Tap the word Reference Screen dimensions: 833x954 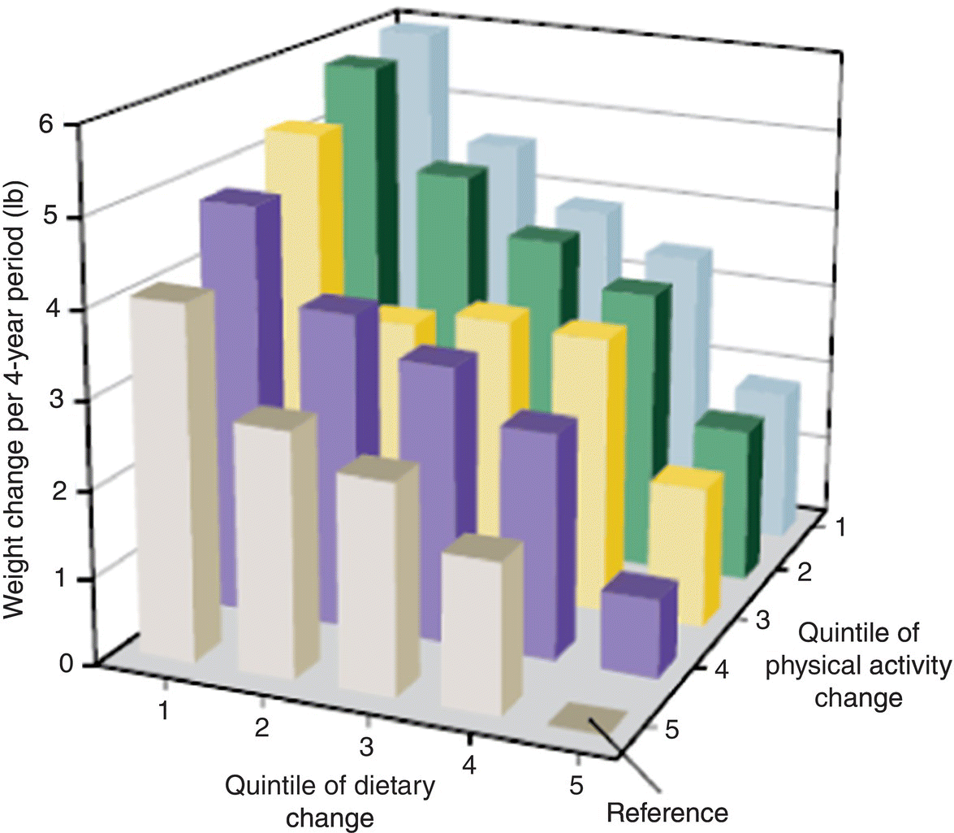[667, 812]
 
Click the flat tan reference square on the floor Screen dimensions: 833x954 [589, 716]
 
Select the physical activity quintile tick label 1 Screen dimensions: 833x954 [840, 527]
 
